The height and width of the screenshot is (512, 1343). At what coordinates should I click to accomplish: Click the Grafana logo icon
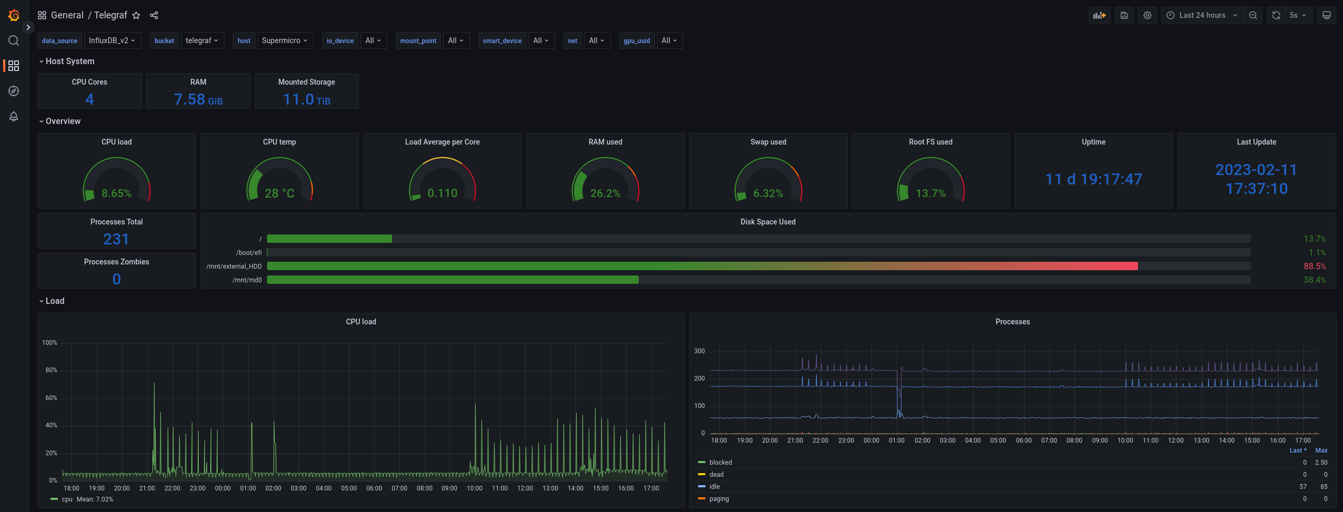click(x=14, y=15)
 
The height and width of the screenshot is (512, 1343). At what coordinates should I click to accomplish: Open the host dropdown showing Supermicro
click(x=284, y=40)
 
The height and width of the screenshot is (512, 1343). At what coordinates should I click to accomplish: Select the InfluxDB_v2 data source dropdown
click(x=112, y=40)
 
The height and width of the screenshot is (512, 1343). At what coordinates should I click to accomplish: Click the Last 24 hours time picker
click(x=1202, y=15)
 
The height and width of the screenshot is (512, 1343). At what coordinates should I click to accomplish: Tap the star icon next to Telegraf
click(x=136, y=15)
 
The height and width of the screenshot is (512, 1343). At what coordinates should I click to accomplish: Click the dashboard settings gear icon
click(x=1147, y=15)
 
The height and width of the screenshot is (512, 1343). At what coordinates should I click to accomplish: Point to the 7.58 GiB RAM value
click(x=198, y=99)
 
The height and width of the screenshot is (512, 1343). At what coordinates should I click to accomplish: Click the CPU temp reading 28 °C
click(x=280, y=193)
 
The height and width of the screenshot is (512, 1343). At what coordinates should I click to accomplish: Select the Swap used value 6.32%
click(x=768, y=193)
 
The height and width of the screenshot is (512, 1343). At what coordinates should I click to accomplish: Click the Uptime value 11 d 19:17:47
click(x=1093, y=179)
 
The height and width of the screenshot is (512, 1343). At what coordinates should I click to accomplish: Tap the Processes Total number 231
click(x=116, y=239)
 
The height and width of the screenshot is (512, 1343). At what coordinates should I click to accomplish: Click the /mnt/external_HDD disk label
click(x=234, y=267)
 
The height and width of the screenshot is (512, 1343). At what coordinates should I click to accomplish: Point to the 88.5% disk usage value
click(x=1315, y=267)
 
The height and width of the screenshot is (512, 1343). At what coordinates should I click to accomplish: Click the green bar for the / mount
click(x=330, y=239)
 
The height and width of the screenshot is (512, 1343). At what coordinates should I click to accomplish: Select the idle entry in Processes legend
click(x=714, y=487)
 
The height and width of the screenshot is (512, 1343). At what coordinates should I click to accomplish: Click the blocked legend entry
click(x=721, y=463)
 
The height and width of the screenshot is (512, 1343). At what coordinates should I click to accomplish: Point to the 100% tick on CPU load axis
click(x=49, y=343)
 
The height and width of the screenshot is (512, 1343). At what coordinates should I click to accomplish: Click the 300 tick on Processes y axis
click(x=699, y=351)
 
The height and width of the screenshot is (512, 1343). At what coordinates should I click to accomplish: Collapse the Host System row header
click(x=67, y=62)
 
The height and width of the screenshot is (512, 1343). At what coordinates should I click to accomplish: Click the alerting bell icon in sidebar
click(x=14, y=116)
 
